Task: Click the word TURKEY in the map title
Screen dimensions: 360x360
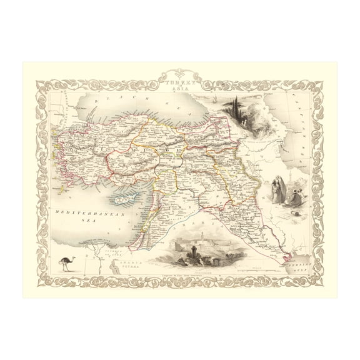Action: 176,81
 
